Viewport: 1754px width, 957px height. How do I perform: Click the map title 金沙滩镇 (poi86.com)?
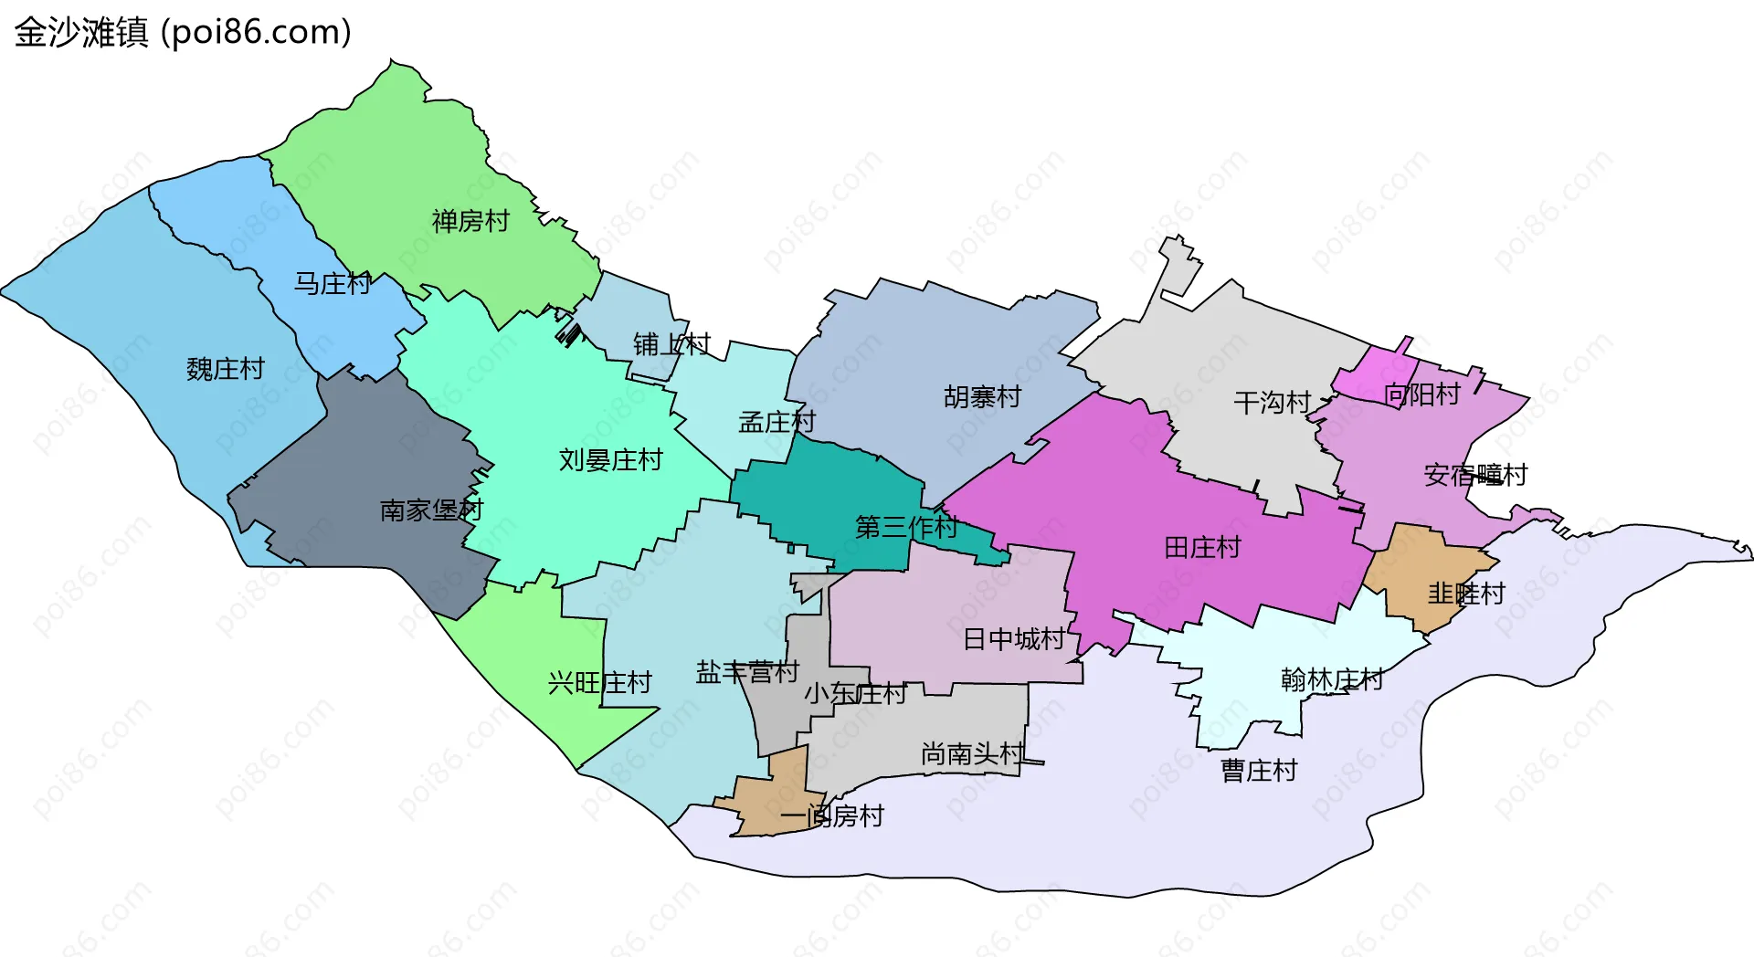[183, 33]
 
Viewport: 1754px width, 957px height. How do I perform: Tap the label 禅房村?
[470, 221]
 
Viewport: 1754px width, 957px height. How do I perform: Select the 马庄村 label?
[332, 284]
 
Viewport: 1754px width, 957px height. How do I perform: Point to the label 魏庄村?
[225, 369]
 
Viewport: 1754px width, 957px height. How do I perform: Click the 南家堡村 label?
[431, 510]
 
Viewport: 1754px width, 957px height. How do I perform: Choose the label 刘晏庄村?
[610, 459]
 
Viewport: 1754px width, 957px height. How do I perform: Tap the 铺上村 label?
[671, 344]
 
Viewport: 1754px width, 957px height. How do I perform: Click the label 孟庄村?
[777, 422]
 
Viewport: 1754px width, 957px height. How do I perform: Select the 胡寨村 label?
[982, 397]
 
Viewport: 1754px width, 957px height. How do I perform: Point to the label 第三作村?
[906, 527]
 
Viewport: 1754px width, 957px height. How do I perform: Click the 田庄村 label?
[1202, 548]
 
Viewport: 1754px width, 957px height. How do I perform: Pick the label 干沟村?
[1272, 403]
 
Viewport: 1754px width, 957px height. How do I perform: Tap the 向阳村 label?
[1422, 394]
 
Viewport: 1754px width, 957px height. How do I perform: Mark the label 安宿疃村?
[1475, 475]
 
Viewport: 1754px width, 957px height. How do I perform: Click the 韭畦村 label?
[1466, 594]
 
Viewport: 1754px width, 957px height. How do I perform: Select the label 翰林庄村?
[1332, 679]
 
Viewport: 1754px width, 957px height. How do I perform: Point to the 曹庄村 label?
[1259, 771]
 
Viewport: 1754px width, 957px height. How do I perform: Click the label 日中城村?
[1014, 639]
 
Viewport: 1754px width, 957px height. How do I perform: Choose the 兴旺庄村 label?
[599, 682]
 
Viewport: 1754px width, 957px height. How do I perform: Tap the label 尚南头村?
[972, 753]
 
